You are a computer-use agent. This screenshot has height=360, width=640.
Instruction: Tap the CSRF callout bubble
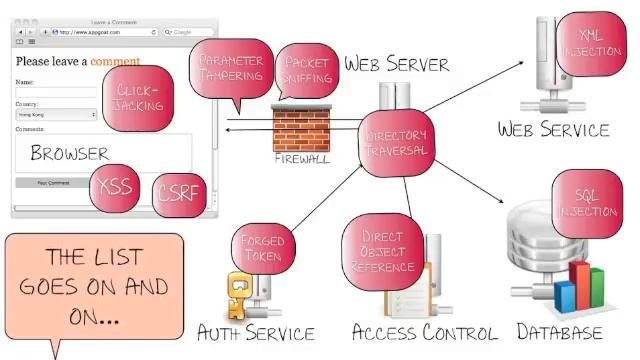click(x=180, y=196)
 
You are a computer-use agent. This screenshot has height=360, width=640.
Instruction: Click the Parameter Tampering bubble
click(x=230, y=70)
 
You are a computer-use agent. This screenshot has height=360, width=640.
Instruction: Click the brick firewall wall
click(x=301, y=128)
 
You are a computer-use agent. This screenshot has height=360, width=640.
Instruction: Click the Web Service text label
click(x=553, y=129)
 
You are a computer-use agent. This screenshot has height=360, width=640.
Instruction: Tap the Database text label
click(x=559, y=332)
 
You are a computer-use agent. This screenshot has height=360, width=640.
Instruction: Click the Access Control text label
click(x=424, y=332)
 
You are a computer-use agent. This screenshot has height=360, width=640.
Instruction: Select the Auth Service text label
click(x=256, y=332)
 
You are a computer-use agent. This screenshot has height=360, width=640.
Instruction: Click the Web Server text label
click(x=397, y=64)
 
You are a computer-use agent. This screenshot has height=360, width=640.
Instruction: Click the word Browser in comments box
click(x=69, y=154)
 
